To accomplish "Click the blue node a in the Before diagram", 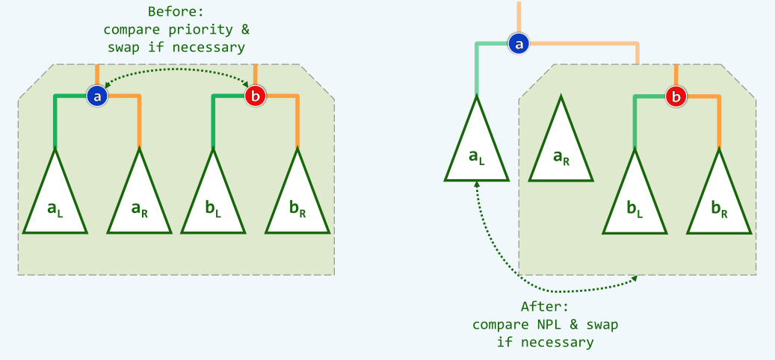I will point(98,96).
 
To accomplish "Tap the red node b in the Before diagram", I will point(256,96).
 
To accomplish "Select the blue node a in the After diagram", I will point(518,44).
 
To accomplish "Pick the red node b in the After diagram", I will point(676,96).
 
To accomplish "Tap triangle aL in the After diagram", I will point(477,149).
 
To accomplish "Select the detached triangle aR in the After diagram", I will point(561,149).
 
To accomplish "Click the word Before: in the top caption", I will point(176,12).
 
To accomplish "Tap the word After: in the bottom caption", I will point(545,307).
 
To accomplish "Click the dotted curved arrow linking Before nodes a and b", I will point(176,69).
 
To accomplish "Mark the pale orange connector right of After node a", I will point(590,44).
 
